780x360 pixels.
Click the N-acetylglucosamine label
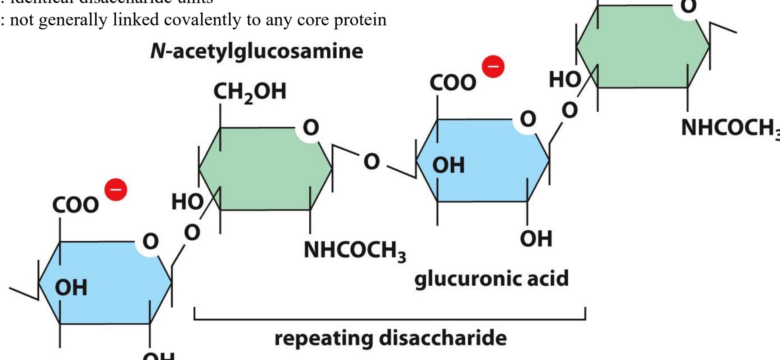[x=256, y=51]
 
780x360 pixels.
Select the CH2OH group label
[x=249, y=92]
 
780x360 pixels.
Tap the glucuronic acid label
[x=491, y=279]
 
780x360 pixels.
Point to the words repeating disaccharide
[x=390, y=338]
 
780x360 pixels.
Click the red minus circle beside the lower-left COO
[x=116, y=190]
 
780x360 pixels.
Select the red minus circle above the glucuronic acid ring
[x=493, y=67]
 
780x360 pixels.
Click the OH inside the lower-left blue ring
[x=71, y=287]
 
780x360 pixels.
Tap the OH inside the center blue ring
[x=449, y=165]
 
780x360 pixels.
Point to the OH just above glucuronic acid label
[x=536, y=239]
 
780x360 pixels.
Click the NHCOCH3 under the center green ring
[x=355, y=251]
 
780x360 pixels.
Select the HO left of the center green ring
[x=187, y=202]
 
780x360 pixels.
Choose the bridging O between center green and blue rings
[x=372, y=161]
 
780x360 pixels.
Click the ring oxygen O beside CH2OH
[x=311, y=128]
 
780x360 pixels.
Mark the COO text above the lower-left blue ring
[x=76, y=205]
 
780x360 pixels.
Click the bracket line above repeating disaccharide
[x=390, y=319]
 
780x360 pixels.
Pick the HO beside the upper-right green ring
[x=565, y=80]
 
